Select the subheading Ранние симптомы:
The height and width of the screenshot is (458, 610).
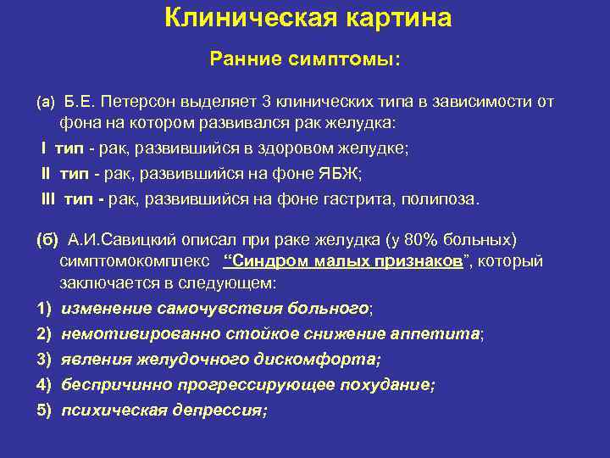click(305, 60)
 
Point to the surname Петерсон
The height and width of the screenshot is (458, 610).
click(132, 102)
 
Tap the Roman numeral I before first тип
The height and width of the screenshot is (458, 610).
click(43, 149)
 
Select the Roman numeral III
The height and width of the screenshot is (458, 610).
click(47, 200)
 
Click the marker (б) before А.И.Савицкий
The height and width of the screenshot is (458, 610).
click(47, 237)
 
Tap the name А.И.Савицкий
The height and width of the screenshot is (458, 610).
click(118, 237)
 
